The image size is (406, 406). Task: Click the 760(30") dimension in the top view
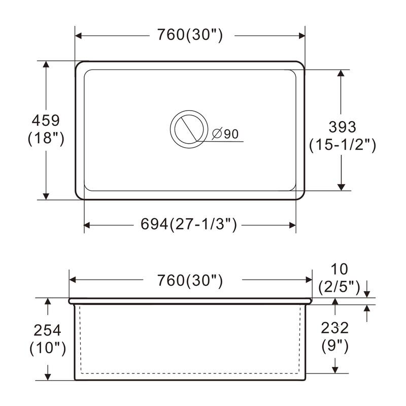point(190,36)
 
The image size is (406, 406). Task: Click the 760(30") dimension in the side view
point(190,280)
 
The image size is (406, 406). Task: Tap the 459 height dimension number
point(46,120)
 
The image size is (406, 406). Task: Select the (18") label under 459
point(46,138)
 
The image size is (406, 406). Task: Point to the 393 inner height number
point(342,126)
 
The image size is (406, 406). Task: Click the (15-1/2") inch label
point(342,145)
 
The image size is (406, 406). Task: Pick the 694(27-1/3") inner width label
point(189,224)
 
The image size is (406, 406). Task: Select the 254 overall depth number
point(47,330)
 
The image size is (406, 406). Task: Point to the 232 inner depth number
point(335,328)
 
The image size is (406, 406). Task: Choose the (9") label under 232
point(335,346)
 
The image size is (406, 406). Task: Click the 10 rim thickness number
point(340,269)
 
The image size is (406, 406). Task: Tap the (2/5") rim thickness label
point(339,287)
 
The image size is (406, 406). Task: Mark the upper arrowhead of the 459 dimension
point(46,65)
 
